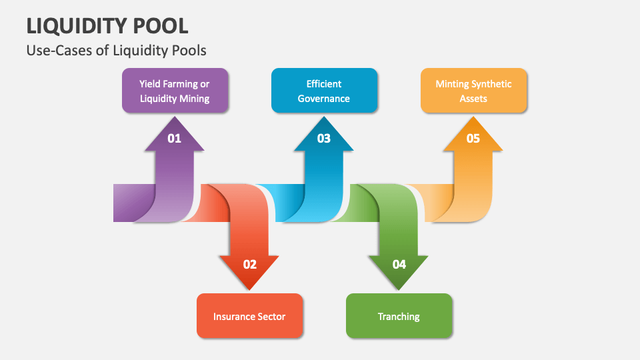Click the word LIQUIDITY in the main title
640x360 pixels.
[77, 25]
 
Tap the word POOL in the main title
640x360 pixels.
[161, 25]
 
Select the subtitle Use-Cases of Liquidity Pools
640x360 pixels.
[117, 50]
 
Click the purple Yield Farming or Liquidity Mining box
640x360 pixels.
[175, 91]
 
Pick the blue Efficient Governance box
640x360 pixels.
[324, 91]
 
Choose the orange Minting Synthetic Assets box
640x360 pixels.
[473, 91]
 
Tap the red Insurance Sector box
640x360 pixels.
[249, 315]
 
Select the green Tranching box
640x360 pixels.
[399, 315]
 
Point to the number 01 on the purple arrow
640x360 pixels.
[175, 139]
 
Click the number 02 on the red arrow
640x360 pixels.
[249, 264]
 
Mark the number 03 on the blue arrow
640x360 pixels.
[324, 139]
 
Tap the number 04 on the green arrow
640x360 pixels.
[399, 264]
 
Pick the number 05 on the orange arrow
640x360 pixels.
[473, 139]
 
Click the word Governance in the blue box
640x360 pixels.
[324, 99]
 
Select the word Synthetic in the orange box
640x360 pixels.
[492, 84]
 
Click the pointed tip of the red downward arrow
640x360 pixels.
[249, 289]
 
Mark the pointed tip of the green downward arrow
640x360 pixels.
[399, 289]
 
